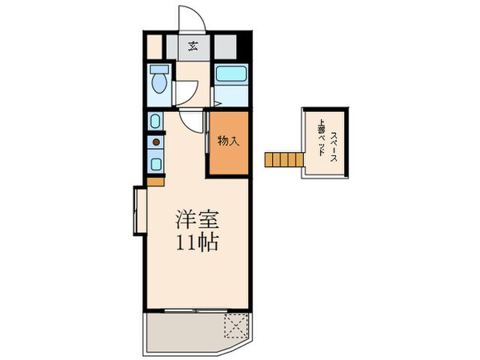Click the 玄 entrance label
[x=194, y=46]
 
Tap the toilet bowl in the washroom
[x=158, y=83]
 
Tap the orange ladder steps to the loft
[x=282, y=159]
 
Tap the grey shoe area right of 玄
[x=224, y=46]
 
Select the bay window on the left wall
[x=138, y=210]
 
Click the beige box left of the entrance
[x=154, y=45]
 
